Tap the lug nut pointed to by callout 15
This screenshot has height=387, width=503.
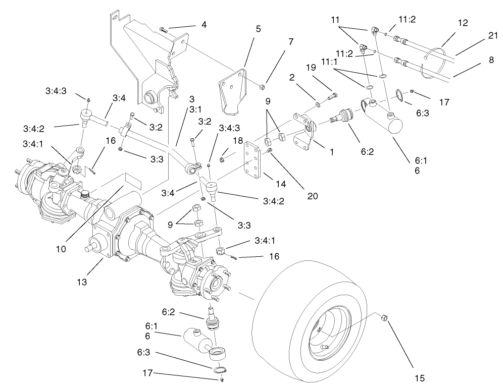coord(383,317)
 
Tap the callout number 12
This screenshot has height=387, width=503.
coord(463,23)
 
